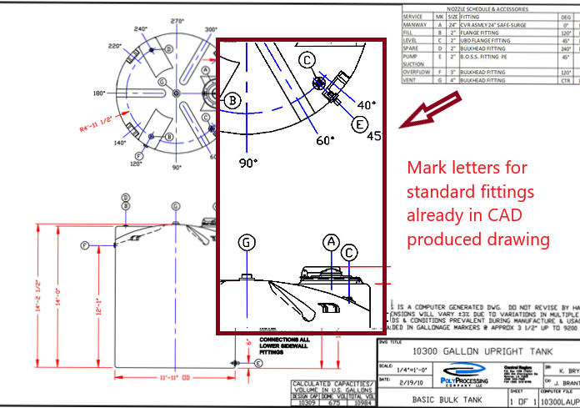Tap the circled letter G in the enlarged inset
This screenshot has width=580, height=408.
tap(247, 243)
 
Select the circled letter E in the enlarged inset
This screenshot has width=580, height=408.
tap(360, 124)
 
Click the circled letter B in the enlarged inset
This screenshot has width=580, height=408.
tap(234, 101)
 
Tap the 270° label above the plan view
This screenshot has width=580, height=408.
tap(177, 21)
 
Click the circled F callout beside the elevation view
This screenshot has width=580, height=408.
tap(84, 245)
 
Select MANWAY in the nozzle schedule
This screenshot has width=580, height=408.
tap(416, 25)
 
